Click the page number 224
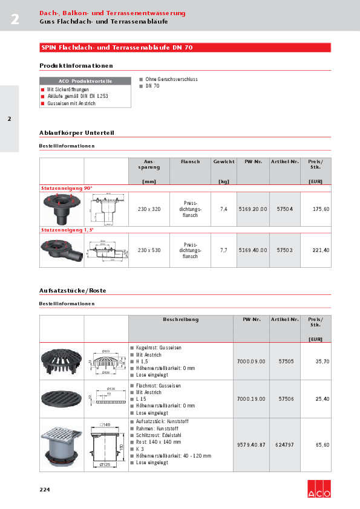click(45, 489)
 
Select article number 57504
click(284, 209)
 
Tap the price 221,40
click(321, 250)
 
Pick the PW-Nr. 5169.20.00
click(252, 209)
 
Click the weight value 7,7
click(223, 250)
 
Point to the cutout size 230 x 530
click(149, 250)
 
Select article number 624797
click(284, 444)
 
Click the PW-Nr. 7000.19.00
click(252, 399)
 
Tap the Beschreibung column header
click(180, 319)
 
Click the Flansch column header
click(190, 161)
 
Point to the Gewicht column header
click(224, 161)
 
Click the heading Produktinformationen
click(76, 66)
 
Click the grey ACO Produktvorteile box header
click(85, 80)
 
